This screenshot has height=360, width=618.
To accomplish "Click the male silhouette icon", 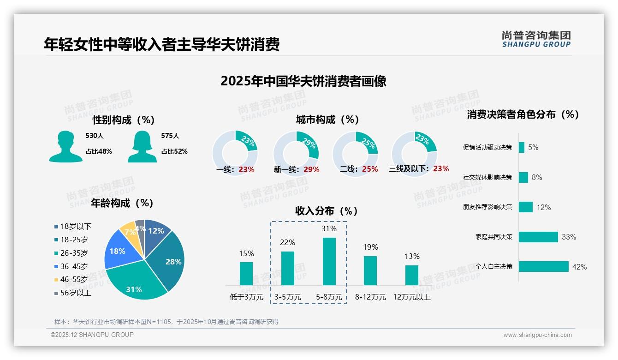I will coord(65,147).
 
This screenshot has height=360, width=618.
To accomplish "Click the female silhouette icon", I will coord(142,147).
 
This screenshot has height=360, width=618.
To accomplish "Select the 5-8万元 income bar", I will coord(329,261).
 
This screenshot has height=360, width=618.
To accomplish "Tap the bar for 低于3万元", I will coord(246,274).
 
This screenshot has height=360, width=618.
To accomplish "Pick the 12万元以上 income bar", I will coord(412,275).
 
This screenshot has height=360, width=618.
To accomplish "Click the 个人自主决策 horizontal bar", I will coord(544,266).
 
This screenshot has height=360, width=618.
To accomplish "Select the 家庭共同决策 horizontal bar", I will coord(538,237).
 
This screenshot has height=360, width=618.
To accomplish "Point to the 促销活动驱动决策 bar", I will coord(522,147).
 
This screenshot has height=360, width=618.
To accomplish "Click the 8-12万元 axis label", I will coord(370,297).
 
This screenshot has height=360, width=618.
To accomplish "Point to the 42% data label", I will coord(579,267).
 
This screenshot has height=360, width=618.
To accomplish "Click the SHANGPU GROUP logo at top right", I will coord(536,39).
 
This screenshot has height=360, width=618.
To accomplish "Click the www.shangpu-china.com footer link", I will coord(537,335).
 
